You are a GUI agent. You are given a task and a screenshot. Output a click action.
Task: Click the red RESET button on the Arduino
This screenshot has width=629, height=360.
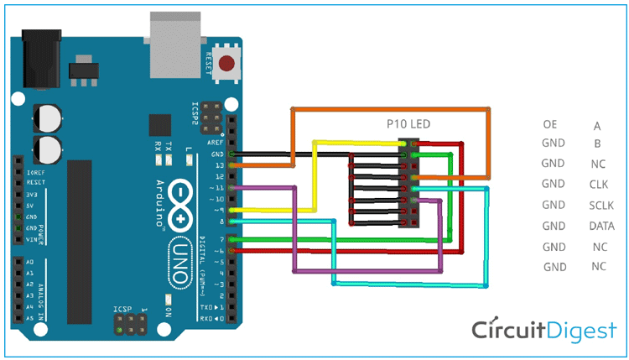pyautogui.click(x=226, y=63)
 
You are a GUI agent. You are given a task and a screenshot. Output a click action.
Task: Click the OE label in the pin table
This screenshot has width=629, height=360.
pyautogui.click(x=550, y=124)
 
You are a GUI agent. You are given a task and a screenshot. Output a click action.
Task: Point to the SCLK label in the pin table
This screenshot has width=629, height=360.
pyautogui.click(x=600, y=205)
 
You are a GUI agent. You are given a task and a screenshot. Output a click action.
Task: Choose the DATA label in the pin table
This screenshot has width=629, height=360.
pyautogui.click(x=600, y=226)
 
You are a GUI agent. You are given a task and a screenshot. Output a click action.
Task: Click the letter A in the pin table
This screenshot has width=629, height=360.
pyautogui.click(x=597, y=126)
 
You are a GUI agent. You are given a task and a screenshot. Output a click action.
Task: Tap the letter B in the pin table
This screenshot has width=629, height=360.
pyautogui.click(x=597, y=143)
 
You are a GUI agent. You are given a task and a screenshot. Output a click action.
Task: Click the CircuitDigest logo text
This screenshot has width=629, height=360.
pyautogui.click(x=543, y=330)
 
